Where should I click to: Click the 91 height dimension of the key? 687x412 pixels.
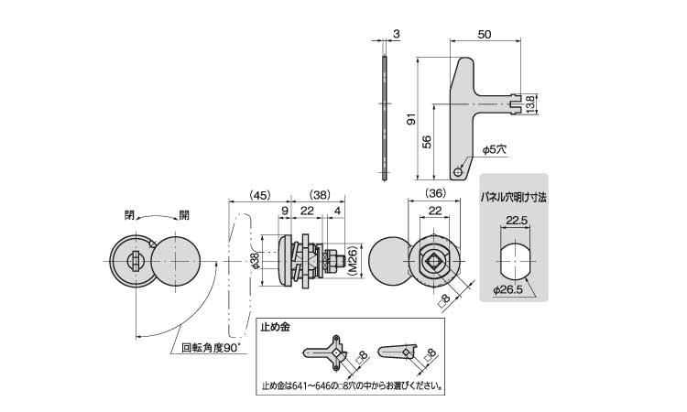[x=411, y=119]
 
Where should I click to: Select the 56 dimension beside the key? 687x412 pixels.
[x=427, y=141]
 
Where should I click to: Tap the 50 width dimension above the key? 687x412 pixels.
[x=485, y=34]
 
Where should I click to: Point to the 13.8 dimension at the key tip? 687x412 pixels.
[x=530, y=104]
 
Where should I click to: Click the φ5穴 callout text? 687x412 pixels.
[x=495, y=149]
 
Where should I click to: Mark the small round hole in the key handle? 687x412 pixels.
[x=458, y=171]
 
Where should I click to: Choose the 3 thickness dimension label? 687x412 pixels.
[x=396, y=34]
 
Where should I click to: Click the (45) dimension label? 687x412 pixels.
[x=260, y=195]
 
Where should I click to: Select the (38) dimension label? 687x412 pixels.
[x=320, y=195]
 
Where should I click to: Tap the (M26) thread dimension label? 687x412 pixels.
[x=354, y=260]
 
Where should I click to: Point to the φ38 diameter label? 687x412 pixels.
[x=256, y=261]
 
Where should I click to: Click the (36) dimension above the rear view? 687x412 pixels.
[x=434, y=192]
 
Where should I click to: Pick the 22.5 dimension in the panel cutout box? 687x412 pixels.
[x=516, y=221]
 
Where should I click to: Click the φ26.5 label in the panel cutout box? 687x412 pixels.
[x=507, y=289]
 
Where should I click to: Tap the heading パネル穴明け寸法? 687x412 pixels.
[x=514, y=198]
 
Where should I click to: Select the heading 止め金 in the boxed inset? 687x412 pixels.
[x=275, y=327]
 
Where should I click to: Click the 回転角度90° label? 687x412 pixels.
[x=212, y=348]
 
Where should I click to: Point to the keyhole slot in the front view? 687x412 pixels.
[x=136, y=261]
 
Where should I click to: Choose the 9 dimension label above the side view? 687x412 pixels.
[x=285, y=211]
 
